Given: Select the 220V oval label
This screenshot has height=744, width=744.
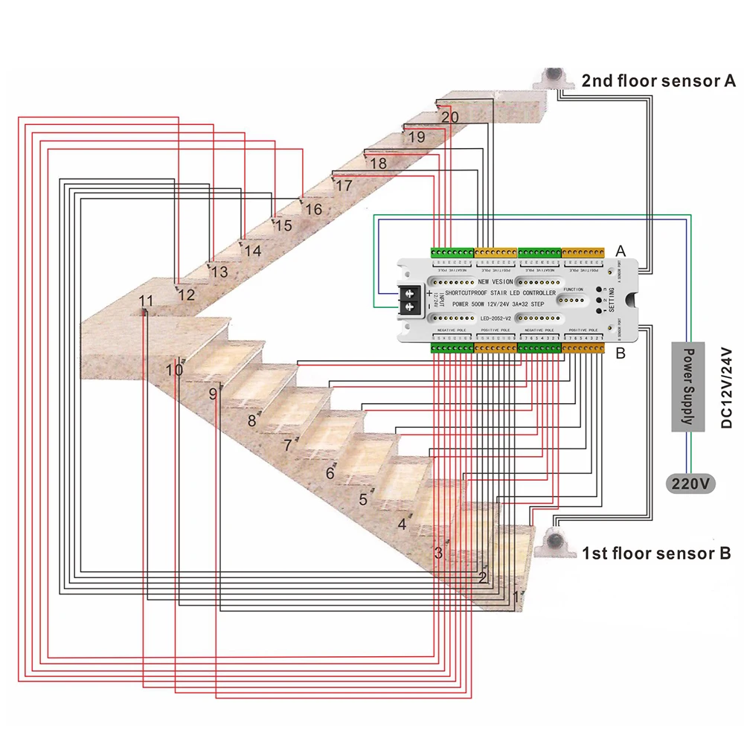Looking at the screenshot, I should pyautogui.click(x=692, y=484).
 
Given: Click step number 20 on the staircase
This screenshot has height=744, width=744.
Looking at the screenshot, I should pyautogui.click(x=450, y=117).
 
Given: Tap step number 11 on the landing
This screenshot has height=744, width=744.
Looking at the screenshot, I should pyautogui.click(x=146, y=301).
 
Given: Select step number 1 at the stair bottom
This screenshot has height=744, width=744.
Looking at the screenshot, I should pyautogui.click(x=517, y=596).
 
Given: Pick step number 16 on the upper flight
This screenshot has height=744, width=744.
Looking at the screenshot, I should pyautogui.click(x=313, y=210).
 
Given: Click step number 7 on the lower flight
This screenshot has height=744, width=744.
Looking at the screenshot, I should pyautogui.click(x=287, y=446).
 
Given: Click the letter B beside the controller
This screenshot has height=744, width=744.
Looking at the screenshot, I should pyautogui.click(x=620, y=353).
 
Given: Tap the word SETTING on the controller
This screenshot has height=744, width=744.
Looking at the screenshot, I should pyautogui.click(x=611, y=301).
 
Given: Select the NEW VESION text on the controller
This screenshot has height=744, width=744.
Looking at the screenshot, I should pyautogui.click(x=495, y=282).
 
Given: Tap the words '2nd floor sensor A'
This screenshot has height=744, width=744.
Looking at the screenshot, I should pyautogui.click(x=658, y=81).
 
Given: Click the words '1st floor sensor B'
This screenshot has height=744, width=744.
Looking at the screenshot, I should pyautogui.click(x=655, y=553).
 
